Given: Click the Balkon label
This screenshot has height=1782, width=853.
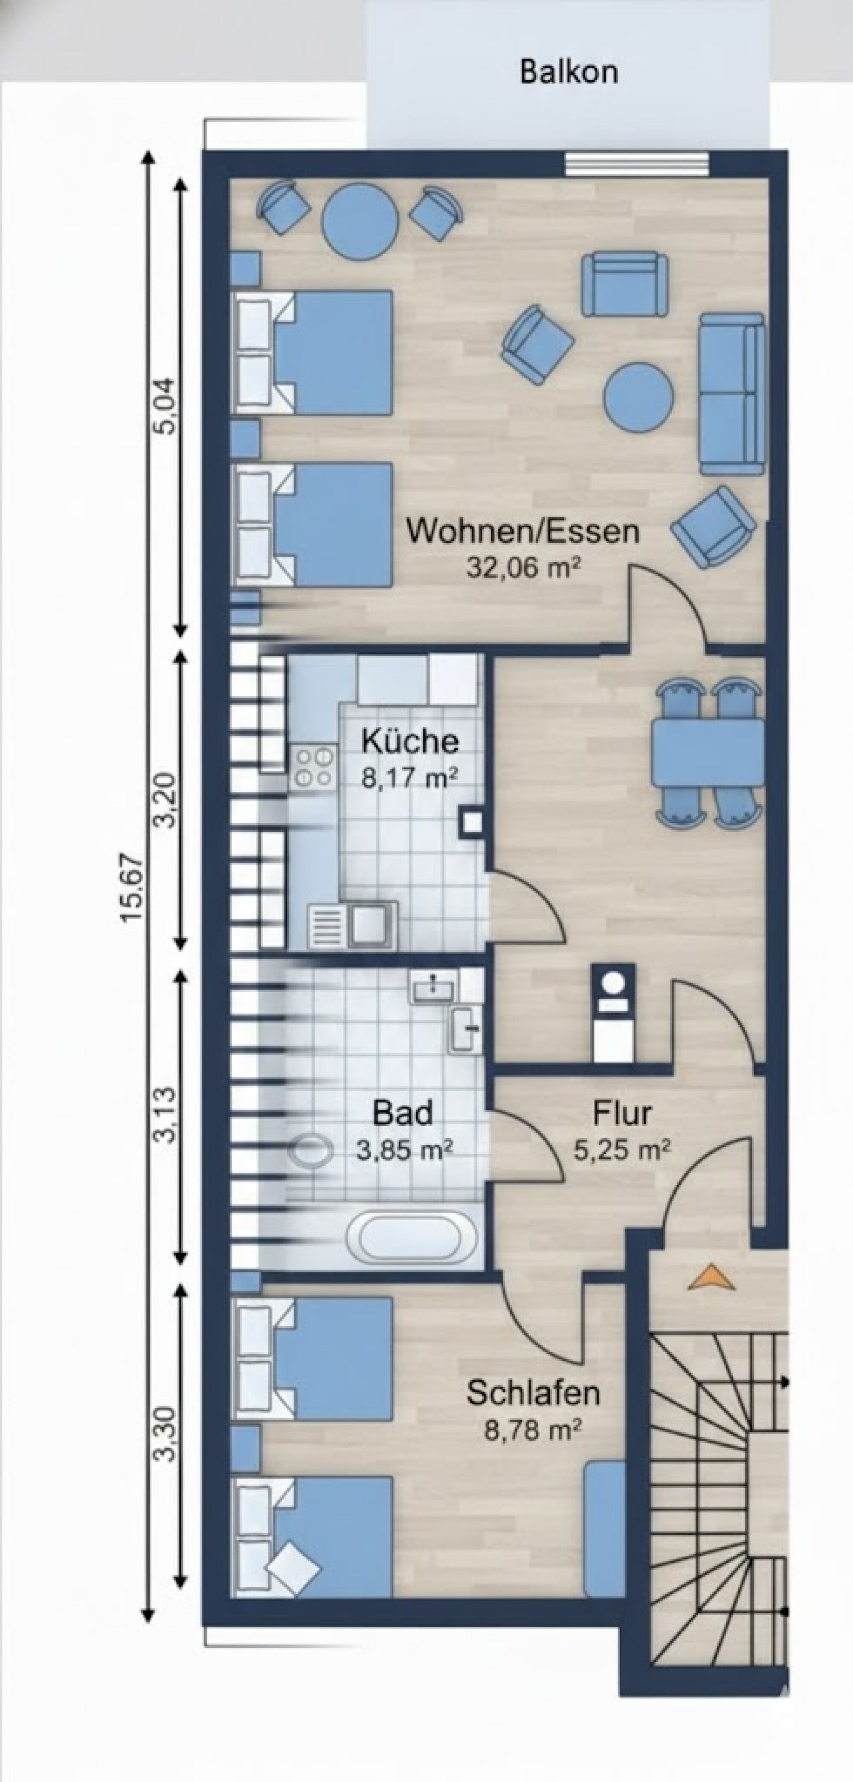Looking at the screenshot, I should pos(569,72).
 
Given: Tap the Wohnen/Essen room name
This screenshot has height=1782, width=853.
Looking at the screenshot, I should pos(522,531).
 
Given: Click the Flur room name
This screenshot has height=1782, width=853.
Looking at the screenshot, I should pos(621,1114).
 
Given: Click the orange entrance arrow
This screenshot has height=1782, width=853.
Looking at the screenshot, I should pos(711,1277).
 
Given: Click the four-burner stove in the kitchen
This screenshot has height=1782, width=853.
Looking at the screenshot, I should pos(312,767).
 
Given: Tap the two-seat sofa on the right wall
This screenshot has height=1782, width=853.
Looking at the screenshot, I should pos(732,393).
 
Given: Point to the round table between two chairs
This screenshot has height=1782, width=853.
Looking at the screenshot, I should pos(360,221).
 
